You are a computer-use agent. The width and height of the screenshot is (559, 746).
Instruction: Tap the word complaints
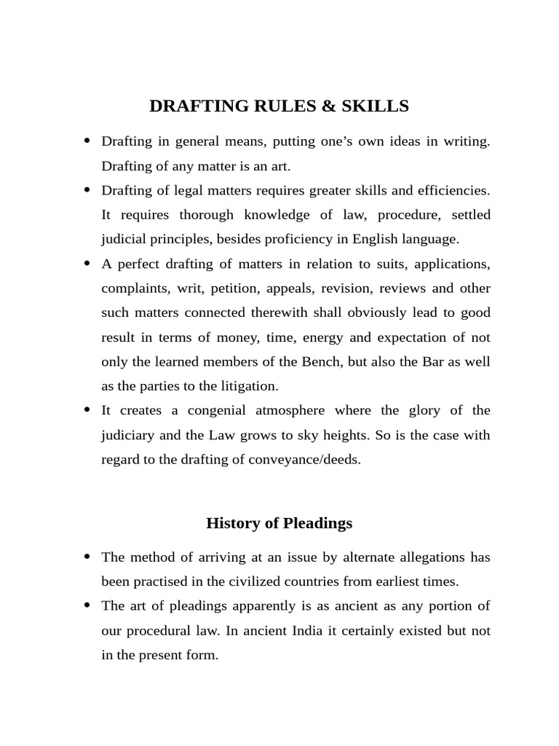click(133, 288)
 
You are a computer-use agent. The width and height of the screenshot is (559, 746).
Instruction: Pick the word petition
click(233, 288)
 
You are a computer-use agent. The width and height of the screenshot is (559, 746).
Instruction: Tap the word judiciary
click(129, 436)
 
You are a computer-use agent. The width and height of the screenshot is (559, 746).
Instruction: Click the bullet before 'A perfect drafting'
click(88, 263)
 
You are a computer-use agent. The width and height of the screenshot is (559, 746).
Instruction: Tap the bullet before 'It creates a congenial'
click(88, 410)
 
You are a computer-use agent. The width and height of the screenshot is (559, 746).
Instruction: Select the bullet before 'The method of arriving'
click(88, 557)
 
